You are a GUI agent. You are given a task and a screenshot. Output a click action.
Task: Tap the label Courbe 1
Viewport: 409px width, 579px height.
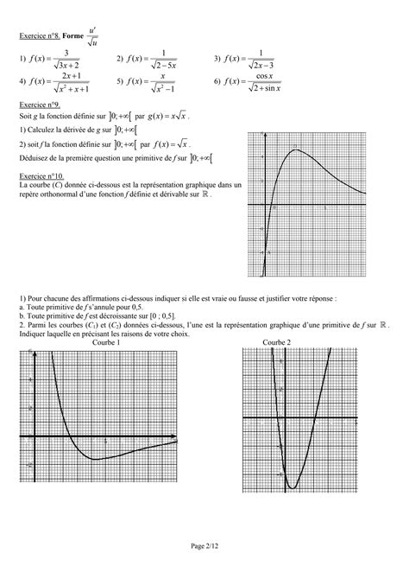coord(105,343)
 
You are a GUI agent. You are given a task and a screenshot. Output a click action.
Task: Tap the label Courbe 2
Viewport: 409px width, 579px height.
coord(276,343)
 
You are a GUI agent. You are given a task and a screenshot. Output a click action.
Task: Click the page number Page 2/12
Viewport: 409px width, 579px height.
coord(204,546)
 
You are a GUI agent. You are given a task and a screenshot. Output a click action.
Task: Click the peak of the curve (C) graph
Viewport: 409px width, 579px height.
coord(295,150)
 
